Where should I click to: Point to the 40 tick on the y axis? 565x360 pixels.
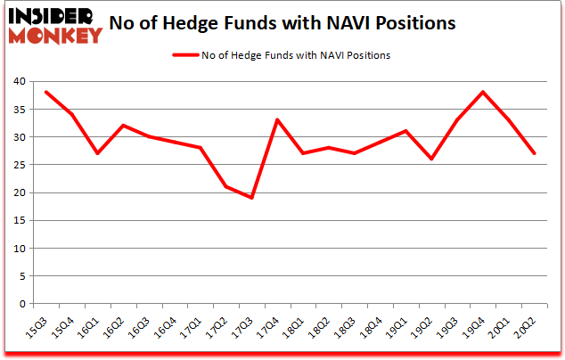pos(18,82)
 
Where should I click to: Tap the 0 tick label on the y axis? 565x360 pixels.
pos(20,304)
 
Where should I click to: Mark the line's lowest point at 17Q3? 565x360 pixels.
pos(252,198)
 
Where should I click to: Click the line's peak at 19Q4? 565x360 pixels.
pos(482,93)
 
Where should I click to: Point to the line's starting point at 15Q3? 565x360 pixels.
pos(45,93)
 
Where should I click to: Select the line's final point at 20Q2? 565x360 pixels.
pos(534,153)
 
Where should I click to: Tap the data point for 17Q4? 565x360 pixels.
pos(277,120)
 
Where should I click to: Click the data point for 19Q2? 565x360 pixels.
pos(431,159)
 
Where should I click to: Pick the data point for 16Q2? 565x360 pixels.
pos(123,126)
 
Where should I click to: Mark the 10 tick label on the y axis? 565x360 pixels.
pos(18,249)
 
